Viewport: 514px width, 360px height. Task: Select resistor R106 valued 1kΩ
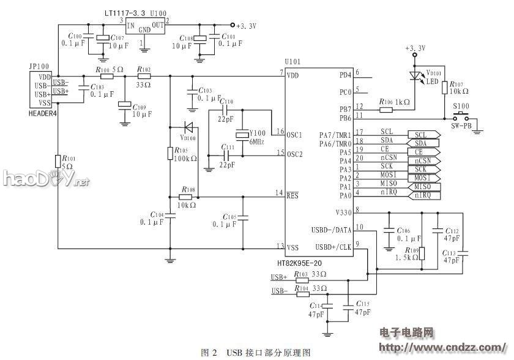point(386,110)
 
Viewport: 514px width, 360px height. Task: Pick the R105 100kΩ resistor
point(169,153)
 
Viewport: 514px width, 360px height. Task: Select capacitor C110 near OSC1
point(225,111)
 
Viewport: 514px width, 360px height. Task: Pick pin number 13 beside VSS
point(280,246)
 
